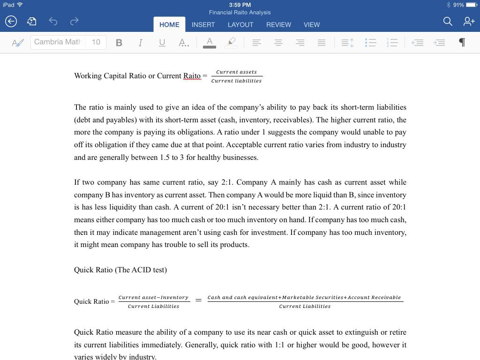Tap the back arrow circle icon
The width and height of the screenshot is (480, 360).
coord(11,21)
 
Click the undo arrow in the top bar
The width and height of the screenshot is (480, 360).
coord(53,21)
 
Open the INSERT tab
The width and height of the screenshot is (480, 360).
coord(203,24)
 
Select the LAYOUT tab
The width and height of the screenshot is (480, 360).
coord(240,24)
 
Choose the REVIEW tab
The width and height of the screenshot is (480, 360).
coord(278,24)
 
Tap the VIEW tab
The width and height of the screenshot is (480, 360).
coord(312,24)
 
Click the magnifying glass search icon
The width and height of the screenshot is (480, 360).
coord(448,21)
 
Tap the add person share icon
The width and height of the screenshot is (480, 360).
coord(469,21)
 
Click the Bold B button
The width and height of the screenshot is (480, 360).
coord(119,43)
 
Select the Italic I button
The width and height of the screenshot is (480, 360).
coord(140,43)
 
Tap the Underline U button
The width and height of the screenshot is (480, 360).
coord(162,43)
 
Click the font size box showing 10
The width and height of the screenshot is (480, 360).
coord(96,42)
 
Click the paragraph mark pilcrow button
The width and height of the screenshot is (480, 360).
coord(462,43)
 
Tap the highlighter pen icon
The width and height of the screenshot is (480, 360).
coord(231,43)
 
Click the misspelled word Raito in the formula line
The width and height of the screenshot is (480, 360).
coord(192,76)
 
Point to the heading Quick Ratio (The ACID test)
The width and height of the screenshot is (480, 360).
coord(120,270)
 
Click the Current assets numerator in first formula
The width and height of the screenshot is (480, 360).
coord(236,72)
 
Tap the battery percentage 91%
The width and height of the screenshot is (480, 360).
coord(458,5)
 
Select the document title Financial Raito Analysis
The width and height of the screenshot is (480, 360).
coord(240,13)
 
